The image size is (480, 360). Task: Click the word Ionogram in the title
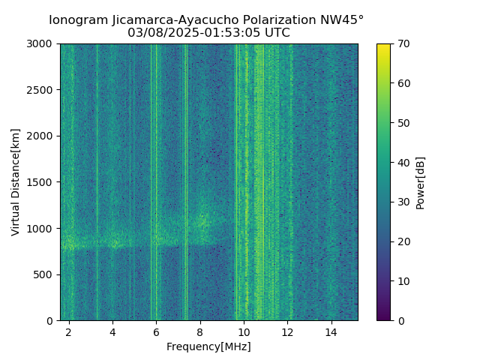77,20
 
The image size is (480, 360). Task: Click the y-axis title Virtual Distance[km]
16,182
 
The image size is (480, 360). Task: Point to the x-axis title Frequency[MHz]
208,346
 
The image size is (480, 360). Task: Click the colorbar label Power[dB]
421,182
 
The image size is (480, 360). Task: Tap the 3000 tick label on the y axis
42,44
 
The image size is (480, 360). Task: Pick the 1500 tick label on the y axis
42,182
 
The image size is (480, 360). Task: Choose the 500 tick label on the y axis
45,274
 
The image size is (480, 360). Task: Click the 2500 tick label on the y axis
42,90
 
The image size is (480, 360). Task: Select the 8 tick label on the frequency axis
199,331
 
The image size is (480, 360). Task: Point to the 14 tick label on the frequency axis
330,331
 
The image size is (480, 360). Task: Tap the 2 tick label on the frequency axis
69,331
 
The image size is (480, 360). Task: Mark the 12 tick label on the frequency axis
286,331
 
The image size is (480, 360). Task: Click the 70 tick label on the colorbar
403,44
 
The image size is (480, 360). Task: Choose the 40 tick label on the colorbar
403,163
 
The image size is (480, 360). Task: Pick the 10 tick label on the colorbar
403,281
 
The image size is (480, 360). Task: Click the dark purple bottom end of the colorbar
383,317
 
